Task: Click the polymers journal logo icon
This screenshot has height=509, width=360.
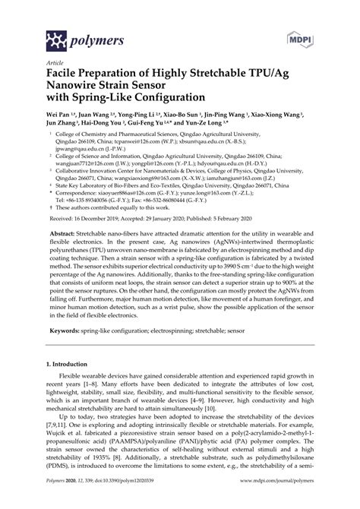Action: pos(35,37)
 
